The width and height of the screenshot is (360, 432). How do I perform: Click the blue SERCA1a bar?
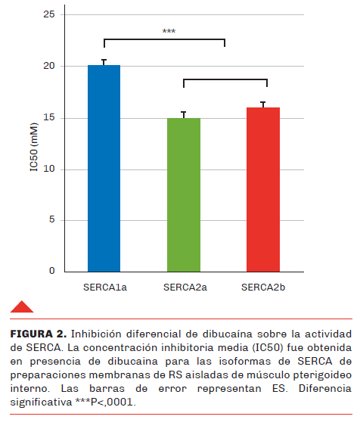click(104, 169)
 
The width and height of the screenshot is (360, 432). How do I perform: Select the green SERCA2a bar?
click(184, 194)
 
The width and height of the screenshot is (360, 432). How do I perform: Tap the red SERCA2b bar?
click(263, 190)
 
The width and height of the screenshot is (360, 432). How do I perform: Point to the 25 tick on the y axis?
click(49, 14)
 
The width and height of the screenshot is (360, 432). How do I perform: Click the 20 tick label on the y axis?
click(49, 66)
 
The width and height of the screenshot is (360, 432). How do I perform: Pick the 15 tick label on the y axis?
click(49, 117)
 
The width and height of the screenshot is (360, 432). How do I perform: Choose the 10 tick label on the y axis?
click(49, 169)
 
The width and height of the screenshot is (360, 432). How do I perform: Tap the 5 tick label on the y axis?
click(52, 219)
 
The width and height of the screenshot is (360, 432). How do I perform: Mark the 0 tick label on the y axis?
click(52, 271)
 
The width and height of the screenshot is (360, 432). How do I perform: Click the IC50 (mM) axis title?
click(33, 147)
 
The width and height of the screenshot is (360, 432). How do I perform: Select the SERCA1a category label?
click(105, 287)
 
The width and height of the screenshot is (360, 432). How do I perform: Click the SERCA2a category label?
click(185, 287)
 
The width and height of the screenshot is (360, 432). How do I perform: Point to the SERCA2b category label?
click(263, 287)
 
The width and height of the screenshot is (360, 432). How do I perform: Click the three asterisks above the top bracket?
click(169, 31)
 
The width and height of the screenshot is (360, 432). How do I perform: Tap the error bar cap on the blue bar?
click(104, 60)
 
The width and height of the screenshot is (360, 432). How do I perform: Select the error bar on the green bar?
click(184, 115)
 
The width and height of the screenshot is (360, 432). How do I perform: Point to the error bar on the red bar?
click(263, 104)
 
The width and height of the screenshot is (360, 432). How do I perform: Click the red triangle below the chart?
click(22, 306)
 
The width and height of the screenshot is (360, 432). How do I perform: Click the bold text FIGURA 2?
click(39, 334)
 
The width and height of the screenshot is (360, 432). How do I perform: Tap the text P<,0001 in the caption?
click(112, 402)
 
